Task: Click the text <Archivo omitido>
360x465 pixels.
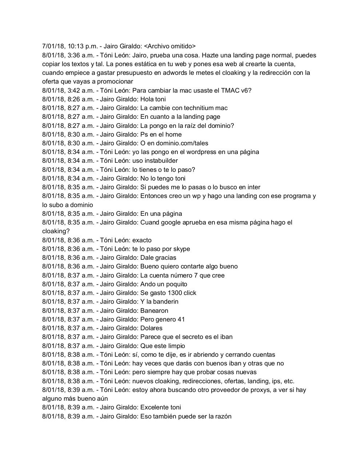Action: point(169,46)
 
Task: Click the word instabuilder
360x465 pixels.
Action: point(161,161)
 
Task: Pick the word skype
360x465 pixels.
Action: point(180,249)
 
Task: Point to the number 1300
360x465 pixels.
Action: point(175,293)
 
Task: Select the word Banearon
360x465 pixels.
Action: point(154,311)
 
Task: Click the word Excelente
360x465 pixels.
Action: point(154,407)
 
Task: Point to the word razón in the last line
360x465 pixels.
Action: point(223,416)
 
